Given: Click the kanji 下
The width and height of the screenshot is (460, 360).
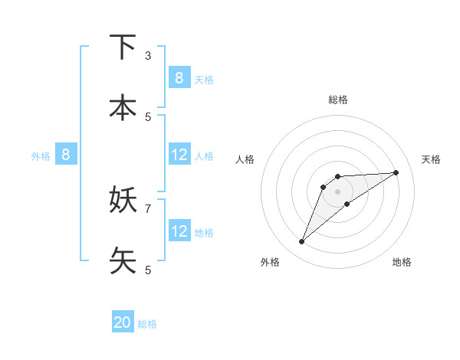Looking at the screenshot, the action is [x=123, y=48].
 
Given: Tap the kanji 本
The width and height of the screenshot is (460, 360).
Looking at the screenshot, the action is [x=123, y=108].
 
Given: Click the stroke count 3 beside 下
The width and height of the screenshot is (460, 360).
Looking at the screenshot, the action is [x=148, y=56].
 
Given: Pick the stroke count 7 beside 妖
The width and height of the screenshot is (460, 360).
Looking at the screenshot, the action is [x=148, y=208].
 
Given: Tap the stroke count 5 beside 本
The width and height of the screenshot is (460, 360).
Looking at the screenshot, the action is [x=148, y=116].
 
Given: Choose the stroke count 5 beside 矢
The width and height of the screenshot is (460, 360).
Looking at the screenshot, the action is [x=148, y=270].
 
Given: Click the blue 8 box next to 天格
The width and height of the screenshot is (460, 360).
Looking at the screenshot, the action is [x=179, y=77].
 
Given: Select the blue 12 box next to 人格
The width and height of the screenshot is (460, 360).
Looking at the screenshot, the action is [x=179, y=155].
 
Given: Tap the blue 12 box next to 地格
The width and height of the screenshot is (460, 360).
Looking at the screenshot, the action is [x=179, y=231].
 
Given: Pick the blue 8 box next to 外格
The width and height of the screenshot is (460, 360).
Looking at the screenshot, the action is [x=66, y=155].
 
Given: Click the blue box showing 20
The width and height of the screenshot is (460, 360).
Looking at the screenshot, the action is [x=123, y=322].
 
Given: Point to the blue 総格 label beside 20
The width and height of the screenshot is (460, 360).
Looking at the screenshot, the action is [x=147, y=324].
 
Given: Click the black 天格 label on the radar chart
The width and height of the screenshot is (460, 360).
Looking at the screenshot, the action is [x=431, y=159].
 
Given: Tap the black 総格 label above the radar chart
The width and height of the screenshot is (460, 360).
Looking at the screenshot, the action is [x=338, y=100].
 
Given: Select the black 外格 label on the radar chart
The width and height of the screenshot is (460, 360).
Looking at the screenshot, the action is [x=269, y=262].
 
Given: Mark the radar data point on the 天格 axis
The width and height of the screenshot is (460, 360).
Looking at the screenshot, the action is [x=396, y=172].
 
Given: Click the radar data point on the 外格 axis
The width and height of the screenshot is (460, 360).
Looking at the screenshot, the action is [x=301, y=242].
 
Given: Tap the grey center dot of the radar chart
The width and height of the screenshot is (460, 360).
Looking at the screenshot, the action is [x=338, y=191].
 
